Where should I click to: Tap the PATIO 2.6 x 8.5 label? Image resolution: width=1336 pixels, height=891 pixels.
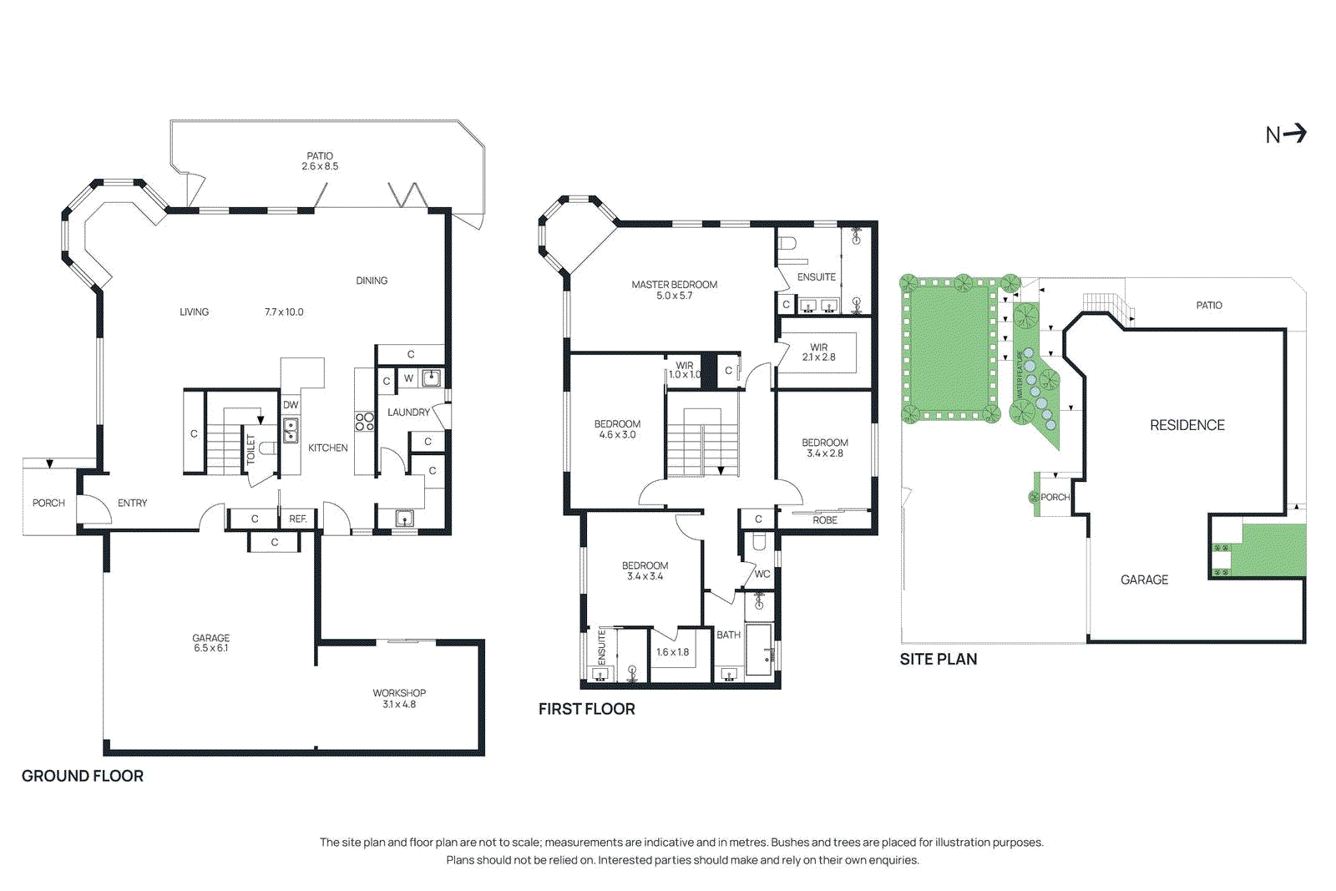[320, 161]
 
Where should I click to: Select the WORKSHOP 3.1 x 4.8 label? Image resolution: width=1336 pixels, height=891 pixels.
[399, 698]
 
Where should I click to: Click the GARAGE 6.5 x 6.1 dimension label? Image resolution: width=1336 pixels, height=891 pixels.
[210, 643]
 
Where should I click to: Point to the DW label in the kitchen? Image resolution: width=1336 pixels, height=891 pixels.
[291, 405]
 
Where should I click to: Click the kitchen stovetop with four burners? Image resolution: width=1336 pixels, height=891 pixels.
[365, 422]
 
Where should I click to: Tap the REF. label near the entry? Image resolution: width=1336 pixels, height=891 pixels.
[298, 519]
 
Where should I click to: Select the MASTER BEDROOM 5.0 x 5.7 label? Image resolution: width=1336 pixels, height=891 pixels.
[674, 290]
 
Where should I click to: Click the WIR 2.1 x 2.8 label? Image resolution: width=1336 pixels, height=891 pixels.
[818, 352]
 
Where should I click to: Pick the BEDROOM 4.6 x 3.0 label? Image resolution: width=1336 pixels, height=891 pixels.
[617, 429]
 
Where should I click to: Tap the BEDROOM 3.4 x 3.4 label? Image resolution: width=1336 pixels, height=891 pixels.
[645, 570]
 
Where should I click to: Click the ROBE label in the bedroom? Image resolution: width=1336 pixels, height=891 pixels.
[825, 520]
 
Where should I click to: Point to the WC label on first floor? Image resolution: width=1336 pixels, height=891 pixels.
[762, 575]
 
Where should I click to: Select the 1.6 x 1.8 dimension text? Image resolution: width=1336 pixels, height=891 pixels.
[672, 652]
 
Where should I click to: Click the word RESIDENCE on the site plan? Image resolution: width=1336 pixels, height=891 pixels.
[1187, 425]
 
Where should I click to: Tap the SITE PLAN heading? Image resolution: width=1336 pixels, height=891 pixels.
[938, 659]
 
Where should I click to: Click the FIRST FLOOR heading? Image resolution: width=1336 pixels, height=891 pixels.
[586, 709]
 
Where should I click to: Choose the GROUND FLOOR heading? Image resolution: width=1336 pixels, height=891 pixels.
[83, 776]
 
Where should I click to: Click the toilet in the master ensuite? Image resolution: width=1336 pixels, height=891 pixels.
[788, 245]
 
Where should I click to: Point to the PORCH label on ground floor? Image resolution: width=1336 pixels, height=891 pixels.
[48, 503]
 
